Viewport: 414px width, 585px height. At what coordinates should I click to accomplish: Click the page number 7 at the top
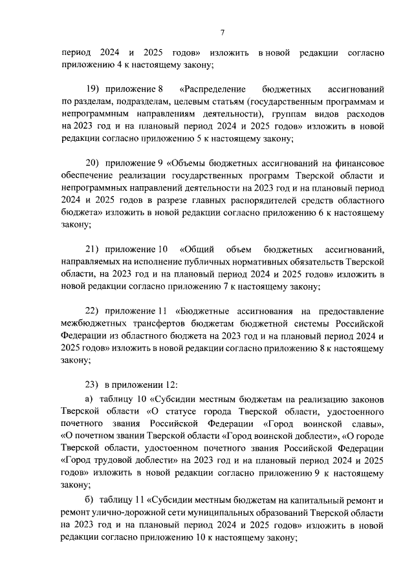point(221,32)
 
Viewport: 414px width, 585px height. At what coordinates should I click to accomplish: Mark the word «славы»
point(369,424)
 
